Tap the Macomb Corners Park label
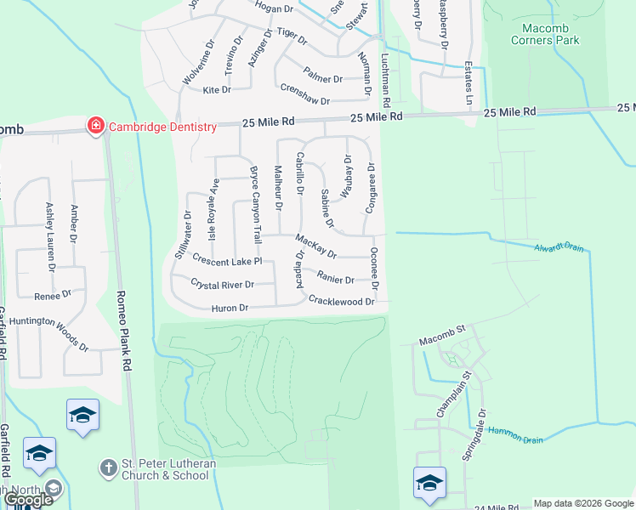click(545, 33)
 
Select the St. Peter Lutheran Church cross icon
click(108, 467)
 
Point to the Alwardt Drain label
click(559, 248)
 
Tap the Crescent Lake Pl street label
click(227, 259)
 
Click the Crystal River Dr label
click(223, 284)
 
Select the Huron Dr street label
click(230, 308)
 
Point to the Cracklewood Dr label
click(342, 301)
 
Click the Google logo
click(28, 500)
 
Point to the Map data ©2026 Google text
click(583, 503)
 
